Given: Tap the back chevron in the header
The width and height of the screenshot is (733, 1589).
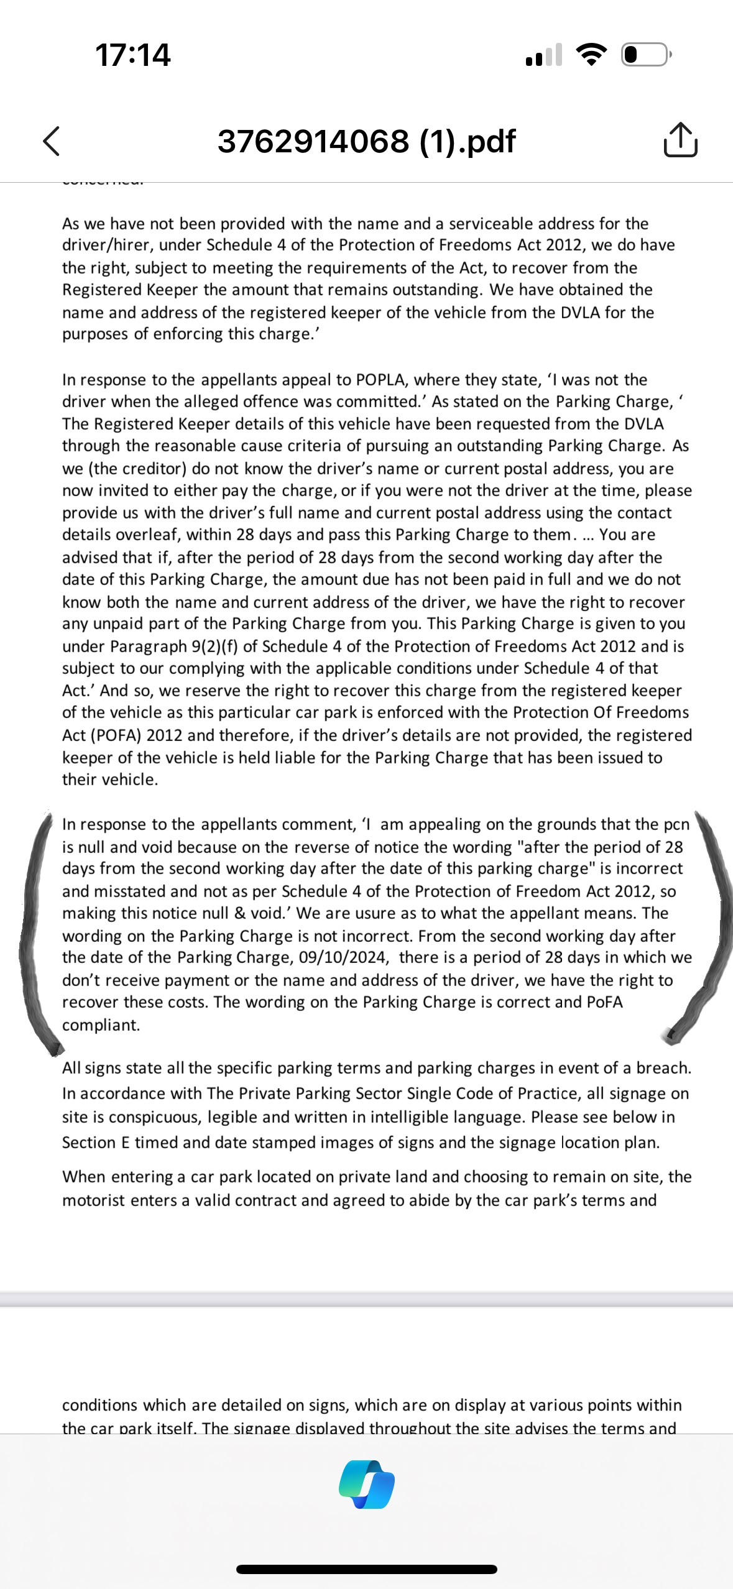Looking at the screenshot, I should click(52, 141).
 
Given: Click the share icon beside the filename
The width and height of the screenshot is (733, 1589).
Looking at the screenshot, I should click(680, 140).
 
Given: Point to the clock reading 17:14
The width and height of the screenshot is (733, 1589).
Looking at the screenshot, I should click(132, 55).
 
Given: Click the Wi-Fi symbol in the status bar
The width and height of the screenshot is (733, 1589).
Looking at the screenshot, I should click(591, 55).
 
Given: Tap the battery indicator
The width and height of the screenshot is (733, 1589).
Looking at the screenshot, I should click(644, 55).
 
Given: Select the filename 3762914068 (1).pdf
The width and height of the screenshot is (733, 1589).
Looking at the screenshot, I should click(366, 141).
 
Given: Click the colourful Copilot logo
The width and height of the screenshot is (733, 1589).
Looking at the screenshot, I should click(367, 1484).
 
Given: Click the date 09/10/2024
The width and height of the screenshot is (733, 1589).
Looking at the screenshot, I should click(344, 957).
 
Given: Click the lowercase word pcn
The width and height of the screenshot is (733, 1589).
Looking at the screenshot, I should click(676, 824).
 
